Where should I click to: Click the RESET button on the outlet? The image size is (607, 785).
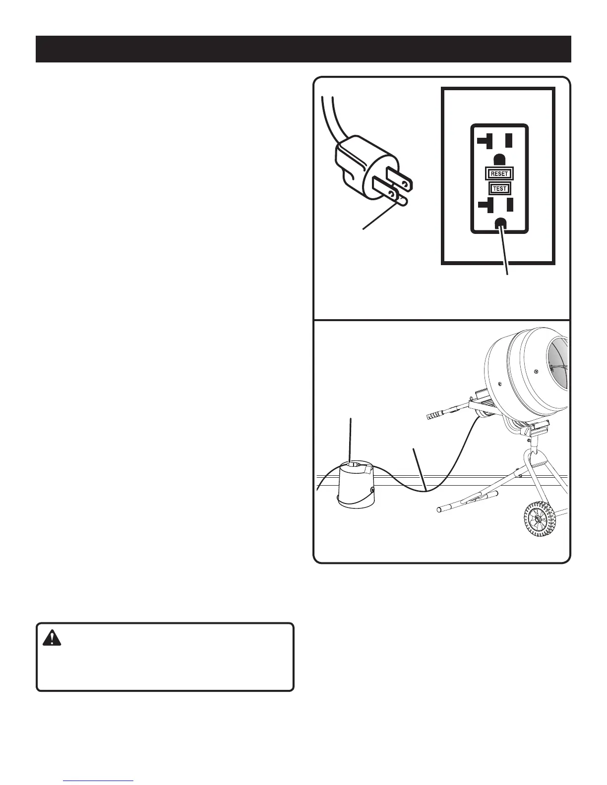[499, 174]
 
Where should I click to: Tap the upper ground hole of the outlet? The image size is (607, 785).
[500, 160]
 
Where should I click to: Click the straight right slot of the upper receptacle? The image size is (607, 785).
[509, 141]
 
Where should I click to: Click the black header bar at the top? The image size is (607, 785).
[303, 49]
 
